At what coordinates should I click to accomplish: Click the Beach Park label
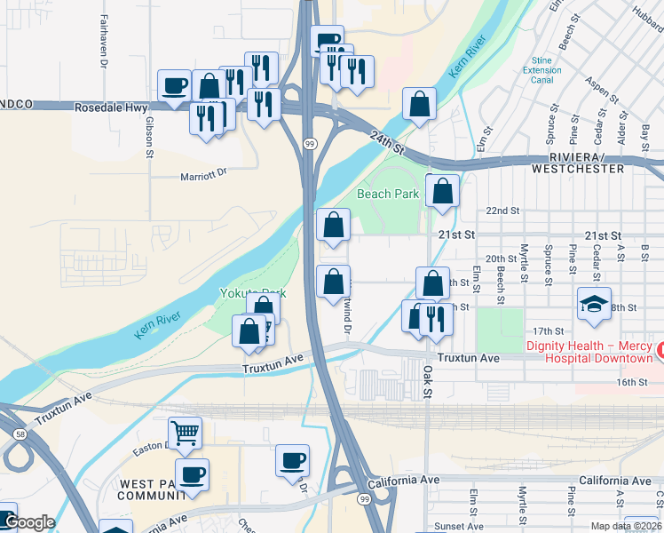coord(388,193)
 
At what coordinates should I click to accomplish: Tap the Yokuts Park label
coord(253,293)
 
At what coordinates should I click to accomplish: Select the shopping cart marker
coord(186,434)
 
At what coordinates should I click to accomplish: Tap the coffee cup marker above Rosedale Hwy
coord(175,86)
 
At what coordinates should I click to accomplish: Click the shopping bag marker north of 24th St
coord(419,103)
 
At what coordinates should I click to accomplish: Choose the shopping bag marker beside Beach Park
coord(442,190)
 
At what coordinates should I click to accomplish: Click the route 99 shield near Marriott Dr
coord(309,143)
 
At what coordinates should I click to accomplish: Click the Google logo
coord(29,522)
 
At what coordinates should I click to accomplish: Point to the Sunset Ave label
coord(459,527)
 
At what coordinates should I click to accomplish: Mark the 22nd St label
coord(502,211)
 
